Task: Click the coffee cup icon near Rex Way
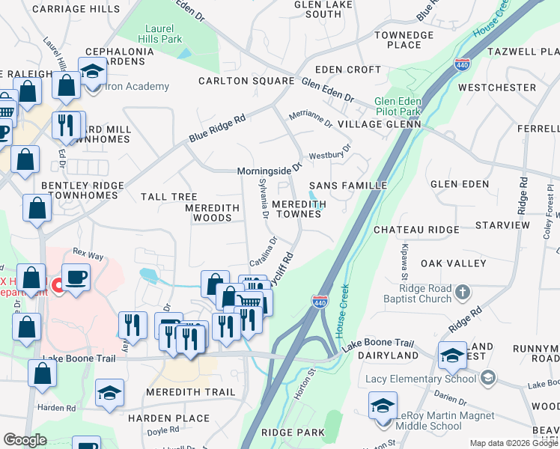pos(76,278)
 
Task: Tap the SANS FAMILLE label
pos(349,185)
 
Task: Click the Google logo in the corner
pos(25,440)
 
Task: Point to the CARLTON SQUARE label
pos(246,81)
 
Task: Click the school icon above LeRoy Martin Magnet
pos(383,406)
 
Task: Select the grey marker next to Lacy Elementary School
pos(489,377)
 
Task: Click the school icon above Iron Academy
pos(93,73)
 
